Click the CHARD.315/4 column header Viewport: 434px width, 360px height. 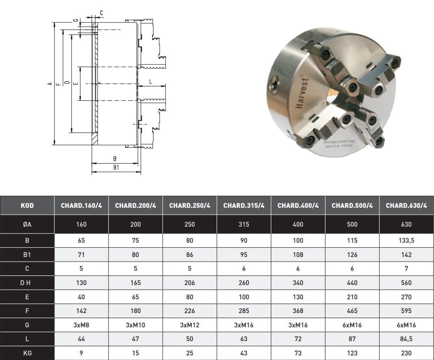(x=244, y=206)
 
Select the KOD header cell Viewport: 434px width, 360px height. (x=27, y=206)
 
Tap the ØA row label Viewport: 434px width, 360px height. (x=27, y=224)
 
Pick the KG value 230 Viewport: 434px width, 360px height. (x=406, y=353)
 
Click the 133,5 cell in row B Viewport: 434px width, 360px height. (x=406, y=240)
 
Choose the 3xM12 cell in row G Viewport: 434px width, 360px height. (x=189, y=325)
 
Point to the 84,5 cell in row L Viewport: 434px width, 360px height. (x=406, y=339)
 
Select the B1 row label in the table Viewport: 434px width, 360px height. (x=27, y=255)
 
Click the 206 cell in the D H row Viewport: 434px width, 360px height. (x=189, y=283)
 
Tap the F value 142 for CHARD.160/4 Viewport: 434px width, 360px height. (x=81, y=311)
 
